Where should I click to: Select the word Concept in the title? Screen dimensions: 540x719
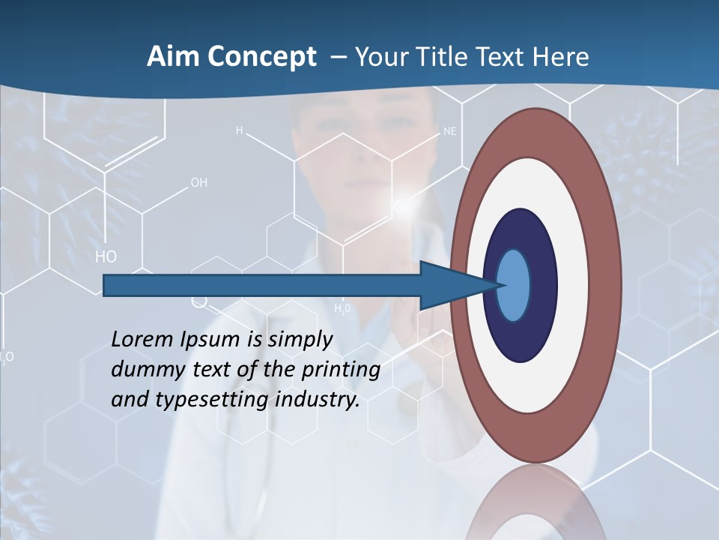click(x=261, y=57)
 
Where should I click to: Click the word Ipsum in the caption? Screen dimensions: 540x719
click(x=213, y=340)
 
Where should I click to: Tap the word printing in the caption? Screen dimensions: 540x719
click(x=340, y=370)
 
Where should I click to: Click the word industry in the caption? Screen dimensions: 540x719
click(x=318, y=400)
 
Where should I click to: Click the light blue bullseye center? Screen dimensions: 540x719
click(x=514, y=286)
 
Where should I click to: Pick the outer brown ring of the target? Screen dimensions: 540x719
click(x=608, y=286)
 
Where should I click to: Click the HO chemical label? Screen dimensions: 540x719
click(x=106, y=256)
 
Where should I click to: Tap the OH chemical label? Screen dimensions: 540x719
click(x=198, y=182)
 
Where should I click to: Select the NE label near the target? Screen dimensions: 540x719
click(x=449, y=131)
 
